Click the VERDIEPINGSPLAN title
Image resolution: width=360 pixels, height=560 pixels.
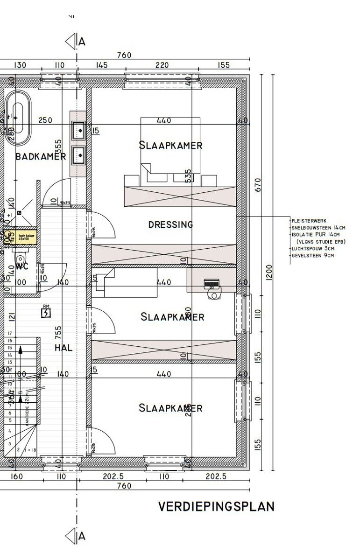216,507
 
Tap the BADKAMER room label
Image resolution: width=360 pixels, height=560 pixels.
41,156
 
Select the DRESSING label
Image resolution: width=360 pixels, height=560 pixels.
170,224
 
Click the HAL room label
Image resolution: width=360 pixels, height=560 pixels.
64,348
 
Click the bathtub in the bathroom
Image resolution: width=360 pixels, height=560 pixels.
18,117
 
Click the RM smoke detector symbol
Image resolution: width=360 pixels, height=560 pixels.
46,312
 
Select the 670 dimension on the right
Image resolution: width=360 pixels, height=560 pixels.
258,184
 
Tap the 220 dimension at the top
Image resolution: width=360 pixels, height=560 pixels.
162,65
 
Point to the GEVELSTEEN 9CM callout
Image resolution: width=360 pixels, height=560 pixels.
313,255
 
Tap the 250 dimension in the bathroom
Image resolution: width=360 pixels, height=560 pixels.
45,120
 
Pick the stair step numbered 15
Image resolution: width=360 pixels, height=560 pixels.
9,348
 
